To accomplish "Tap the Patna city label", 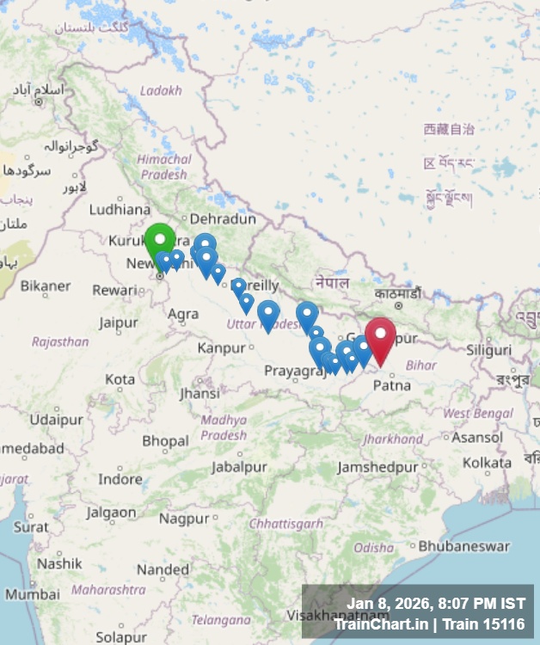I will pos(391,385).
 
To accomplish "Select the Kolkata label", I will pos(487,463).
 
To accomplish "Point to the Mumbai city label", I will pos(32,594).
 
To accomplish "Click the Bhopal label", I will pos(165,441).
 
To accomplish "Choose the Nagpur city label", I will pos(184,519).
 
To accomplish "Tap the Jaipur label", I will pos(118,322).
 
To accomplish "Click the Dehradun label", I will pos(223,219).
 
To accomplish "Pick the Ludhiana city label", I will pos(120,208).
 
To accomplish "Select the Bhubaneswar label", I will pos(464,546).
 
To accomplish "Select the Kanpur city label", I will pos(221,348).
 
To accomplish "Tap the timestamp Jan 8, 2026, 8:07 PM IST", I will pos(435,605).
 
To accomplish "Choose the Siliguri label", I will pos(488,350).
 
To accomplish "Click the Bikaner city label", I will pos(46,286).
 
